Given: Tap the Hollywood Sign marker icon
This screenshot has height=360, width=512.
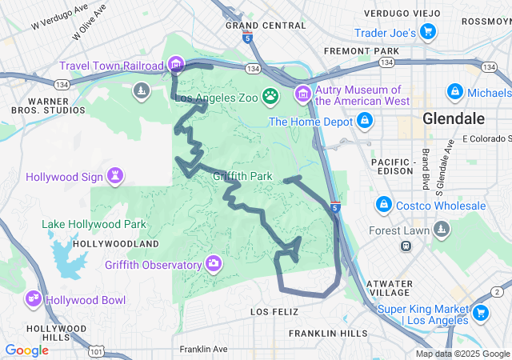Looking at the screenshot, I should click(117, 175).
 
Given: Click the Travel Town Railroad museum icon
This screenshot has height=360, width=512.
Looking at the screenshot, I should click(177, 64).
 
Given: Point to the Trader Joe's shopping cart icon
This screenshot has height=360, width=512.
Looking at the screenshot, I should click(429, 32).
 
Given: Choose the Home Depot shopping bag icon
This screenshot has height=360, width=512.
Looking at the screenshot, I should click(365, 121).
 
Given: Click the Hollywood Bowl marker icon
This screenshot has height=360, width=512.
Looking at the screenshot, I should click(34, 299).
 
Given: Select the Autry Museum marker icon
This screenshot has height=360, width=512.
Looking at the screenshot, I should click(303, 95).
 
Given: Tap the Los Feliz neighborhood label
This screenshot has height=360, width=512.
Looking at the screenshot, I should click(274, 310).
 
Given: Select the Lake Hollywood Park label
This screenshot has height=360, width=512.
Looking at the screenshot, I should click(94, 224).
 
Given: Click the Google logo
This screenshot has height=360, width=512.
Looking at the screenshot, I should click(26, 350).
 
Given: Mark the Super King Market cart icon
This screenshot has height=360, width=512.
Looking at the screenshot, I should click(481, 314).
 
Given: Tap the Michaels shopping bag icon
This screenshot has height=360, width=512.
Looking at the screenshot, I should click(454, 92).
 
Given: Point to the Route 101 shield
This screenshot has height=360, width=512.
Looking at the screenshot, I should click(97, 351).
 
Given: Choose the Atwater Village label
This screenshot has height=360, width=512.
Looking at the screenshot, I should click(389, 289).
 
